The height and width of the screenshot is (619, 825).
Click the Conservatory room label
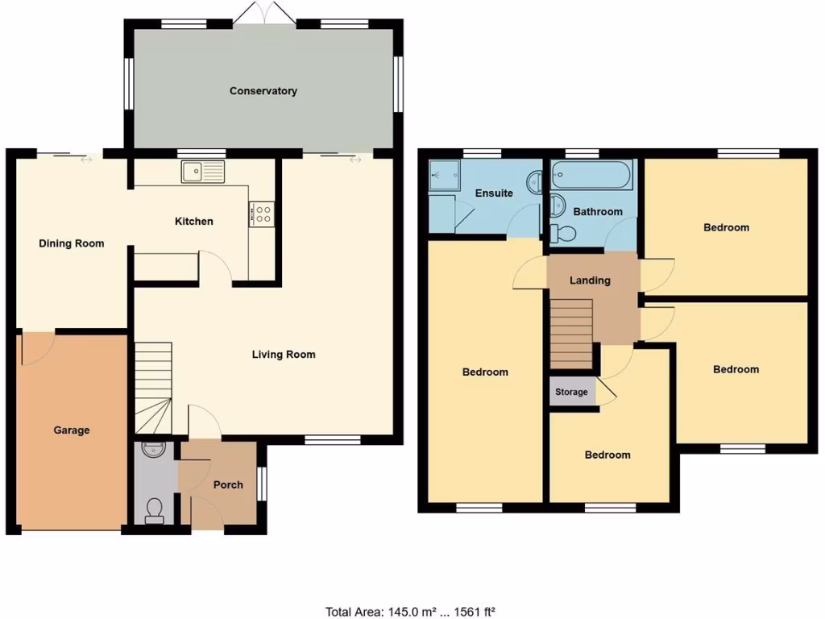[263, 91]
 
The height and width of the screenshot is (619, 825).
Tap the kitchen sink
[202, 172]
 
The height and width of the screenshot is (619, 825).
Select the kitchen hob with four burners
[263, 213]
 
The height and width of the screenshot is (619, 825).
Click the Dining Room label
[72, 243]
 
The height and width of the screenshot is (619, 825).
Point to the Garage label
[72, 430]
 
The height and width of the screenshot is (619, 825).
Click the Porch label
[228, 485]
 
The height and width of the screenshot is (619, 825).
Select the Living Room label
[284, 354]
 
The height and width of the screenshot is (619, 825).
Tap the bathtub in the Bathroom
[592, 175]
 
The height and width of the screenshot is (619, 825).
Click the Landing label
[590, 280]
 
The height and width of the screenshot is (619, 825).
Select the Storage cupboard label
[571, 393]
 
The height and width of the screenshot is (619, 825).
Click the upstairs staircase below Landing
[571, 331]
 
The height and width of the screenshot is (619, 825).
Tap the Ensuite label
[494, 193]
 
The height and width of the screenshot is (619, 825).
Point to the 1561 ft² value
[479, 612]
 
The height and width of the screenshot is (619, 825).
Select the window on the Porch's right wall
[259, 484]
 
